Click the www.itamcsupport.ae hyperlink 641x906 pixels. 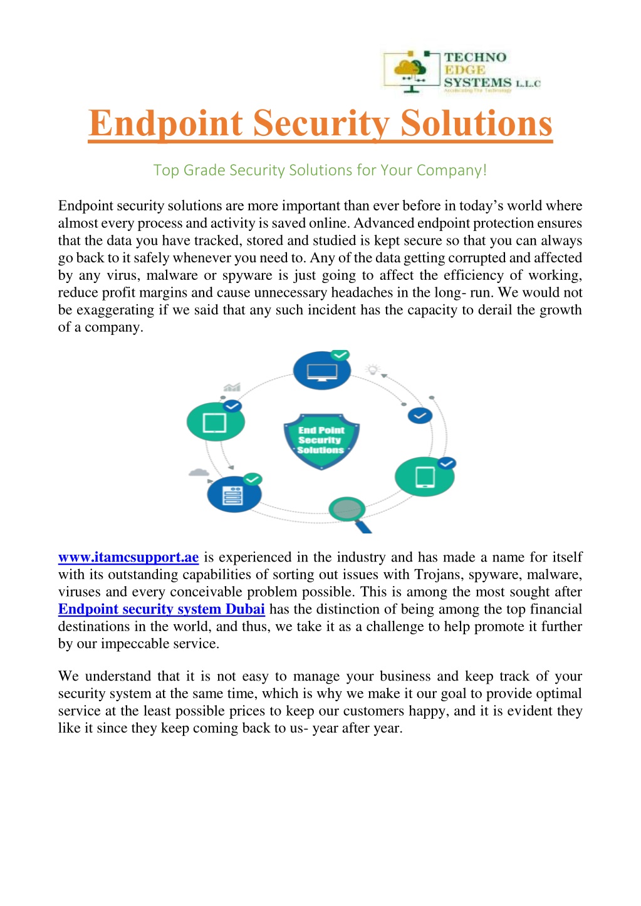click(x=128, y=557)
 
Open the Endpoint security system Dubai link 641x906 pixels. click(x=161, y=609)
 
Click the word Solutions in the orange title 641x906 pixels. click(x=476, y=123)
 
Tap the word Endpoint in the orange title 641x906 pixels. click(x=165, y=123)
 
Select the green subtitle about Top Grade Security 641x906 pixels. click(x=320, y=170)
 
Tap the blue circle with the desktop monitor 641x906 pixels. click(x=321, y=371)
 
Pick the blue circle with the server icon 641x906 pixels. click(x=233, y=495)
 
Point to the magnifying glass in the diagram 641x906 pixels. click(x=348, y=510)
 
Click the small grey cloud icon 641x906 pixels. click(x=199, y=472)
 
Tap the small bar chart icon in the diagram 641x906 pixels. click(x=231, y=388)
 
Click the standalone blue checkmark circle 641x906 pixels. click(x=420, y=415)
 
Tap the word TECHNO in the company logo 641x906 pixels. click(x=475, y=58)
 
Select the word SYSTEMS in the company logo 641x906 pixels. click(x=477, y=83)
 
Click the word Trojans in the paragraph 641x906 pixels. click(x=437, y=575)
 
